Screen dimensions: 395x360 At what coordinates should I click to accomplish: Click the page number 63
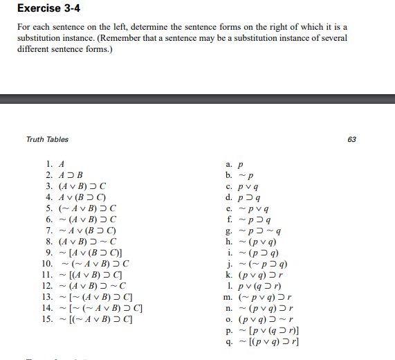(351, 139)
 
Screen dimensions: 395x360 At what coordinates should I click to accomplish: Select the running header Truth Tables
(47, 139)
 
